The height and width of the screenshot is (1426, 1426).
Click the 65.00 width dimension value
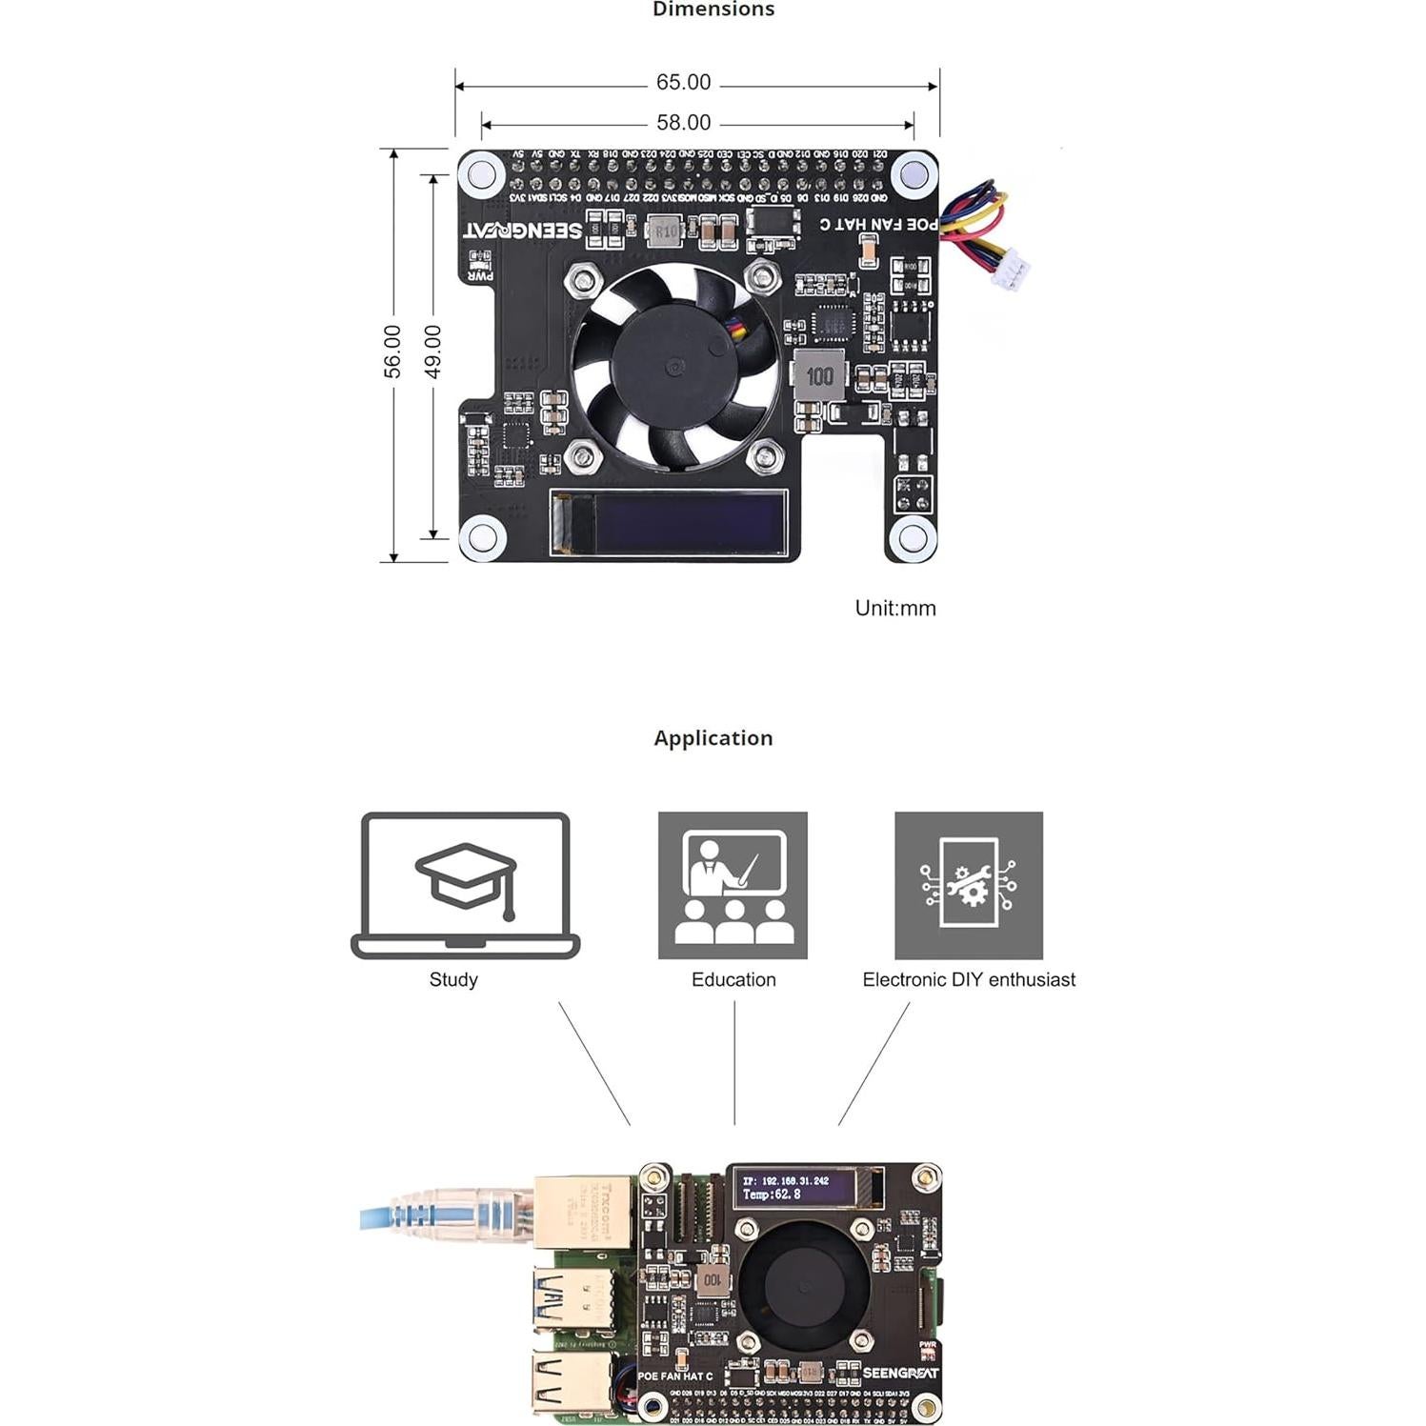pos(683,83)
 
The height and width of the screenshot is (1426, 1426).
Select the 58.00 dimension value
pos(683,123)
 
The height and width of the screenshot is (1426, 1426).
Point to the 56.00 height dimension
pos(392,351)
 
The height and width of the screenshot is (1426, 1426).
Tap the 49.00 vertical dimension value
pos(432,351)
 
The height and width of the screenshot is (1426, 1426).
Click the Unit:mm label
pos(894,608)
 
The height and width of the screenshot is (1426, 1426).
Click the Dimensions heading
pos(713,10)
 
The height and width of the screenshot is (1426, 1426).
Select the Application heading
pos(713,738)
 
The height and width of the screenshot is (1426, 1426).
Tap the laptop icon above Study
pos(465,885)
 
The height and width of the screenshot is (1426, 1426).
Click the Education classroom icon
pos(733,885)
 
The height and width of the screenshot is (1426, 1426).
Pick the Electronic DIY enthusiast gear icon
pos(968,885)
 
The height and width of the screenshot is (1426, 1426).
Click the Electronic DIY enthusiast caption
pos(968,979)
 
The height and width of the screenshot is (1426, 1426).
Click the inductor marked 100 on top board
pos(818,375)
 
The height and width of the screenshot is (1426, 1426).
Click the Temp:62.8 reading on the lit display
pos(772,1195)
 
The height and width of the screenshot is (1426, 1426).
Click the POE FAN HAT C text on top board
pos(879,224)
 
